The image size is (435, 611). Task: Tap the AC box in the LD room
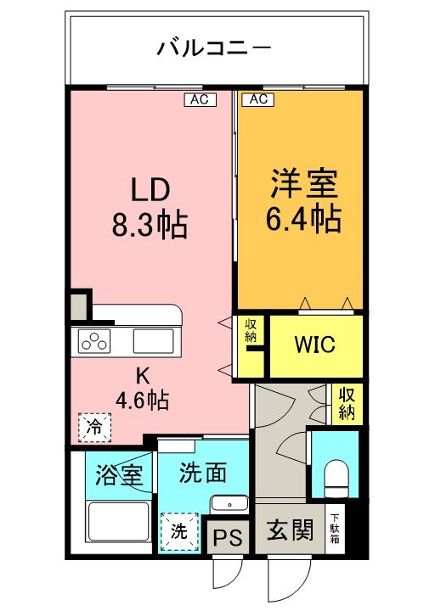(201, 99)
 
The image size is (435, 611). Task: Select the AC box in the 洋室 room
(257, 99)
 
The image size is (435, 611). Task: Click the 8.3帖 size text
(150, 225)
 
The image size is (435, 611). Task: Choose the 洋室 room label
(304, 183)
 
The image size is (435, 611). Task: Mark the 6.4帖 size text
(304, 219)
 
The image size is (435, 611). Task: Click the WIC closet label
(315, 345)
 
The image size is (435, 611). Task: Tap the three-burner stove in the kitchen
(94, 343)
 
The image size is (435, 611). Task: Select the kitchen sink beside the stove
(153, 343)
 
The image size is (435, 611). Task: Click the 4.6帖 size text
(141, 399)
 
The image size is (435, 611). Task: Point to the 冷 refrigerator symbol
(94, 427)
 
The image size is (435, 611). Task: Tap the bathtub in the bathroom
(118, 526)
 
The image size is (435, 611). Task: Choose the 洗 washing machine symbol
(179, 532)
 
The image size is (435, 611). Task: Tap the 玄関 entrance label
(289, 532)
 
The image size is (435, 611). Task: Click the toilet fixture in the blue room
(337, 478)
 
